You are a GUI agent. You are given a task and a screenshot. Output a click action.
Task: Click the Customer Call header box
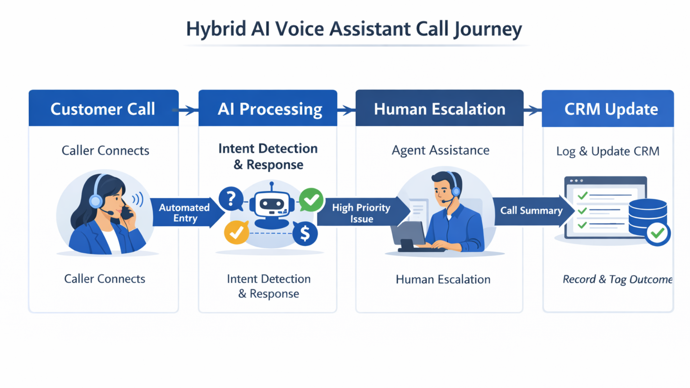[103, 108]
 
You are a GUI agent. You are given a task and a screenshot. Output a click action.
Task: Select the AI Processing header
[268, 108]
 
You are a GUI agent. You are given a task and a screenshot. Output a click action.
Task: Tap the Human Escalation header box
[439, 108]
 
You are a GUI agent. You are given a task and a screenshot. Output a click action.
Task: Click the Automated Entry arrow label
[185, 213]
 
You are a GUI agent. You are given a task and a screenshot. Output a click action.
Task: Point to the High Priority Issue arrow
[361, 213]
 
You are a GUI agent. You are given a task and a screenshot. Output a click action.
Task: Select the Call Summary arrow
[531, 211]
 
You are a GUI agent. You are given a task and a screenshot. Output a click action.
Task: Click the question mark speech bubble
[231, 199]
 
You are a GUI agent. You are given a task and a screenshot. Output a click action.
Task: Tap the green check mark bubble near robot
[311, 200]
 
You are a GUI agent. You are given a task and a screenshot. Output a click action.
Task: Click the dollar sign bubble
[305, 234]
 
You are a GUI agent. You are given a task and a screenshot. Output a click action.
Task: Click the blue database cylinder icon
[647, 217]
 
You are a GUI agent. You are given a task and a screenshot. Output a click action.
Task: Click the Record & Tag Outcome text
[617, 279]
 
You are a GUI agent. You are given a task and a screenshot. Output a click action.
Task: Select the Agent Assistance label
[440, 150]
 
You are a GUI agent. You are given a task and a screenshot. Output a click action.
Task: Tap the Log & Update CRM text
[608, 151]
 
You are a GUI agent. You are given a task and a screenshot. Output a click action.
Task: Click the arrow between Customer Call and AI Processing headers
[188, 110]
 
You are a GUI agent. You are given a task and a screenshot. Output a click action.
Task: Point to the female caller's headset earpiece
[96, 201]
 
